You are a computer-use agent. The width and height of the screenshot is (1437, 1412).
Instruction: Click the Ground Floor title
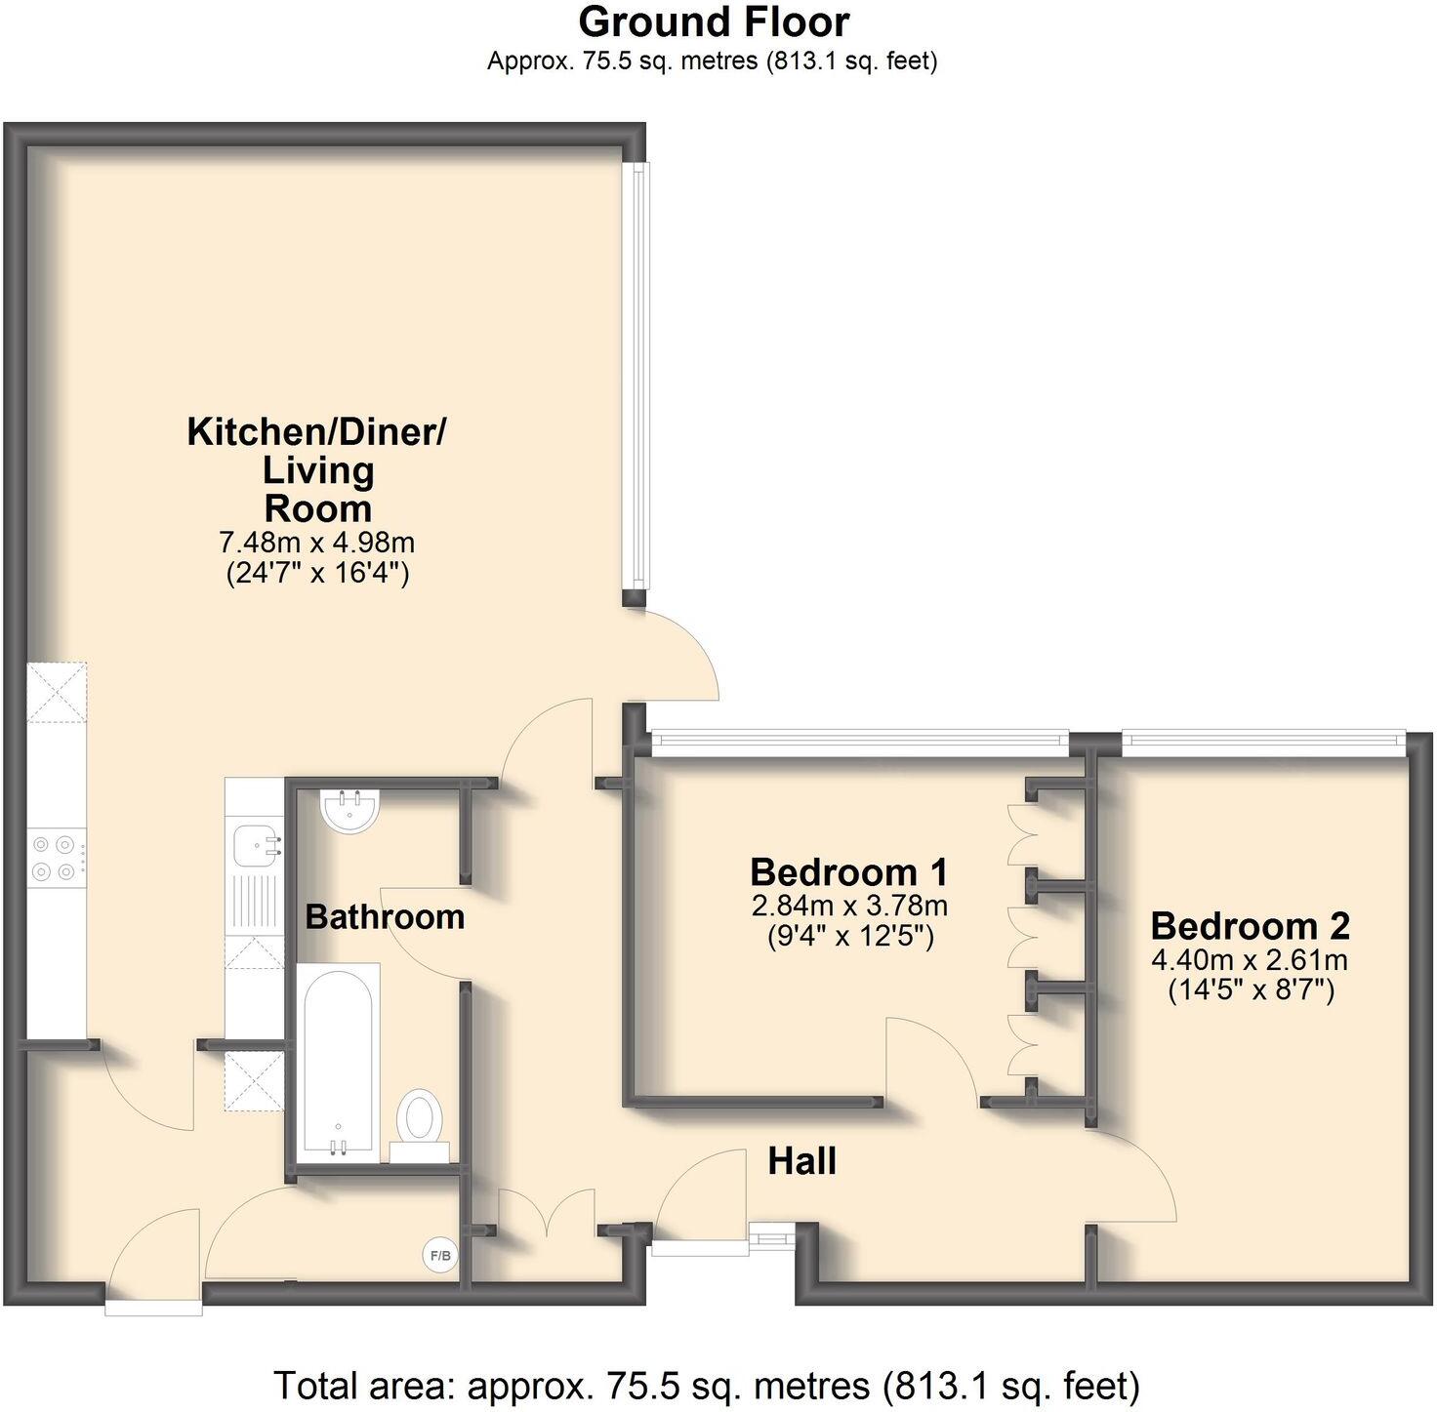tap(714, 21)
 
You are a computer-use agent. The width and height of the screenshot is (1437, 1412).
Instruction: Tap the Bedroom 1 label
tap(848, 871)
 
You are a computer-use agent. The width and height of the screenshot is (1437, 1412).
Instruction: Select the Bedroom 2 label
tap(1250, 925)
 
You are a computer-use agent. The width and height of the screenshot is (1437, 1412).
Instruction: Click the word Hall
tap(801, 1161)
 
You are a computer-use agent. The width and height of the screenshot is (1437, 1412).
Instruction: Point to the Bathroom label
tap(385, 917)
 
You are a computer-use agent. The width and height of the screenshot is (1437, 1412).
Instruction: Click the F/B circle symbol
tap(440, 1255)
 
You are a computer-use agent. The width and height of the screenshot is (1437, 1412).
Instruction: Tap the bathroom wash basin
tap(349, 810)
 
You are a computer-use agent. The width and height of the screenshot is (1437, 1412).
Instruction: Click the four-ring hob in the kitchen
tap(56, 858)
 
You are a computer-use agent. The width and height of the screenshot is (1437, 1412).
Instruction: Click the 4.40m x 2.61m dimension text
tap(1250, 960)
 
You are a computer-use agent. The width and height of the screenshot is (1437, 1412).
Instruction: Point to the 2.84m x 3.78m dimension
tap(848, 906)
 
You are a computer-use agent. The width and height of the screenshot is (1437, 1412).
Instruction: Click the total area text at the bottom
tap(706, 1386)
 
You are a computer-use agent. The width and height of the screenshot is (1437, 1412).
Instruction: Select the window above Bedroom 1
tap(860, 744)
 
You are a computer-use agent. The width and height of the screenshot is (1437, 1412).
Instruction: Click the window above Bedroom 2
tap(1263, 744)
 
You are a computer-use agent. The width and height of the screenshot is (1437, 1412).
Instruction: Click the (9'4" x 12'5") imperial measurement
tap(848, 937)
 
